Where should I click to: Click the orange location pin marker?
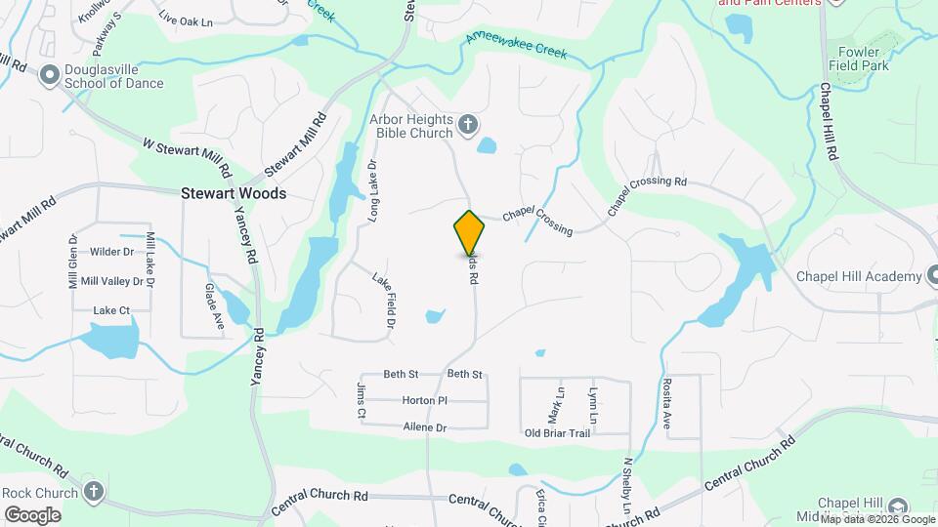tap(470, 232)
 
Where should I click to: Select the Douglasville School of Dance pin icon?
tap(49, 76)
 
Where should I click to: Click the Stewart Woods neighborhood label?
tap(234, 193)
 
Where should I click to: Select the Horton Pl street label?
tap(424, 400)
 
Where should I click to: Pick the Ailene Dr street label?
tap(424, 427)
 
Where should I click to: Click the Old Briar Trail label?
tap(557, 432)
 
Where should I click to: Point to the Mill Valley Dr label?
tap(111, 281)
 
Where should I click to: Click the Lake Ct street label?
tap(110, 310)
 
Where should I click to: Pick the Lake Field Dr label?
tap(383, 300)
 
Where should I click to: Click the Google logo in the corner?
tap(32, 514)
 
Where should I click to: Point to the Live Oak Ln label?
tap(185, 19)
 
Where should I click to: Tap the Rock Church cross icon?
tap(93, 491)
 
